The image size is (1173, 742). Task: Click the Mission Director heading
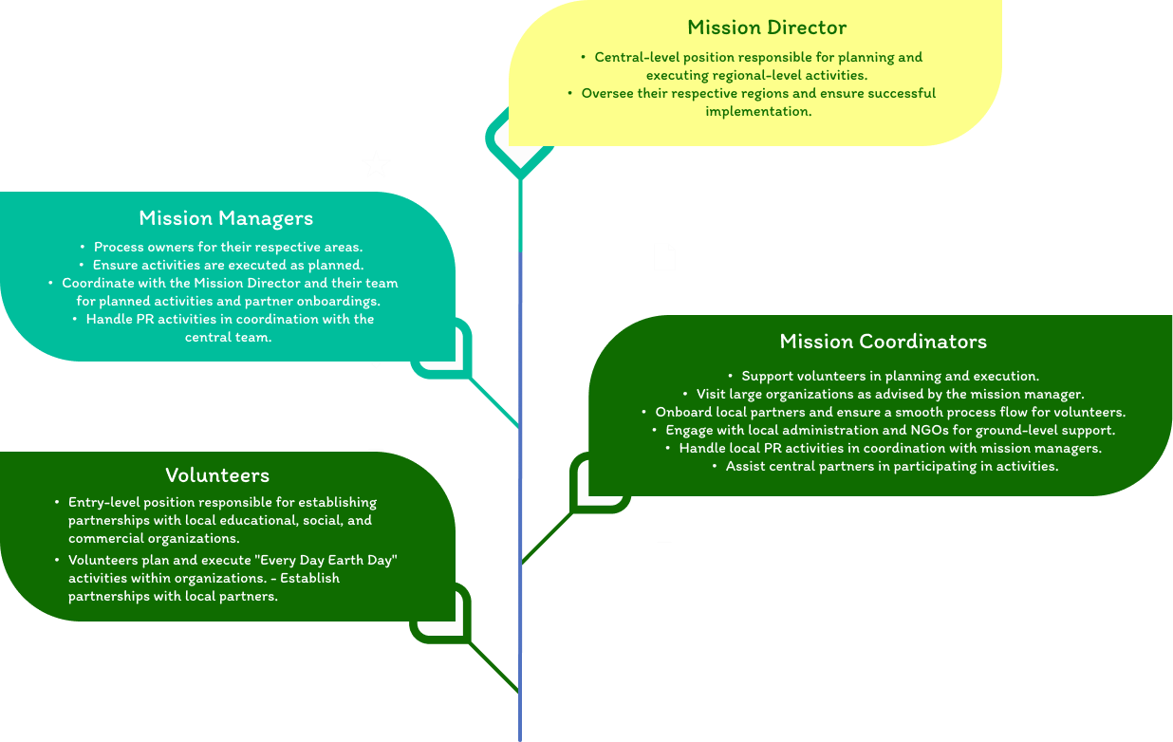(767, 28)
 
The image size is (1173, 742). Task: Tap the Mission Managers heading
(226, 218)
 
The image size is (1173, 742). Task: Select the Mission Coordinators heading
(883, 342)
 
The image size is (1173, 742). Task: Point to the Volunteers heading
(217, 475)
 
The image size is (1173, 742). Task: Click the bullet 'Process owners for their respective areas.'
(228, 248)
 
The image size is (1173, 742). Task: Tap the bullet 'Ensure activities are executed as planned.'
(228, 266)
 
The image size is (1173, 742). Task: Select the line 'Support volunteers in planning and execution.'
(890, 377)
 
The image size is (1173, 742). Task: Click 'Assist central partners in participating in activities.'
(891, 467)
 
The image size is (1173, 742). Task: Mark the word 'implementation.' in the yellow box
(758, 112)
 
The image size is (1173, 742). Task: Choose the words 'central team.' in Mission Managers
(228, 338)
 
